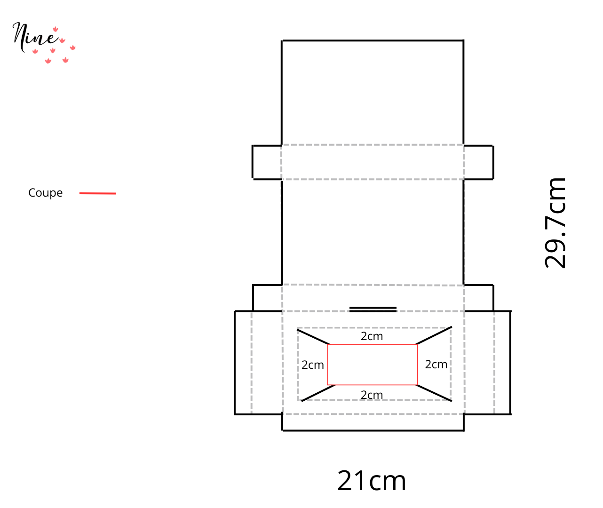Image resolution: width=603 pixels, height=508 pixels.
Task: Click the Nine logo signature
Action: pos(43,42)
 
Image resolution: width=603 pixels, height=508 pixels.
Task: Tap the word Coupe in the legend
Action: pos(45,193)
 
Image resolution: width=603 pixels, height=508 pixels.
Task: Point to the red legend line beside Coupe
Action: pos(98,193)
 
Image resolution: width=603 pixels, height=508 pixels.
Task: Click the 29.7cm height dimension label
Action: pos(555,223)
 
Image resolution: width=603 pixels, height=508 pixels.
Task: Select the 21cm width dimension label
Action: pos(372,481)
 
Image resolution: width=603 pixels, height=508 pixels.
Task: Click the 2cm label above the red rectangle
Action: pos(372,336)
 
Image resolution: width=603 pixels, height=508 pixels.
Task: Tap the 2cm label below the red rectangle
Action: pos(372,395)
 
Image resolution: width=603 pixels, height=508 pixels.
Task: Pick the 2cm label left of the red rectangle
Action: pos(312,365)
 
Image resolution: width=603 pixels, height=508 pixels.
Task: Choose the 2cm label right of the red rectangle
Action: pos(436,364)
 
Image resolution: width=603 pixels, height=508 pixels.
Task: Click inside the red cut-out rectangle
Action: pos(372,365)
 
